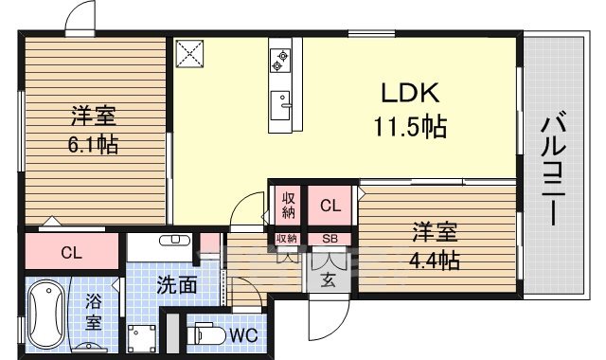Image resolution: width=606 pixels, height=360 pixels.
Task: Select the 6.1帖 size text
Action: tap(92, 147)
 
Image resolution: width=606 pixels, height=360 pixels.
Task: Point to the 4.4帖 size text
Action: tap(435, 259)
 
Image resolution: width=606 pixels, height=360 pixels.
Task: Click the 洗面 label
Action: tap(176, 282)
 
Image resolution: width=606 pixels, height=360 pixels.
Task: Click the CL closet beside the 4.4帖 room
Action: tap(330, 205)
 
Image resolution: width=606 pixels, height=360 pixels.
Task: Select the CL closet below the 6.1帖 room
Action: tap(71, 252)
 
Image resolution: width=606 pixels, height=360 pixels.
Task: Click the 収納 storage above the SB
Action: tap(287, 204)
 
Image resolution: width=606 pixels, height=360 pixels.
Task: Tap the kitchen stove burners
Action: tap(281, 60)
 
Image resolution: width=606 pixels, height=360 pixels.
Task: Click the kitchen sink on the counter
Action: tap(281, 101)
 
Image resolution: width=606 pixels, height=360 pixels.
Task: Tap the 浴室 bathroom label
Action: tap(95, 312)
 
